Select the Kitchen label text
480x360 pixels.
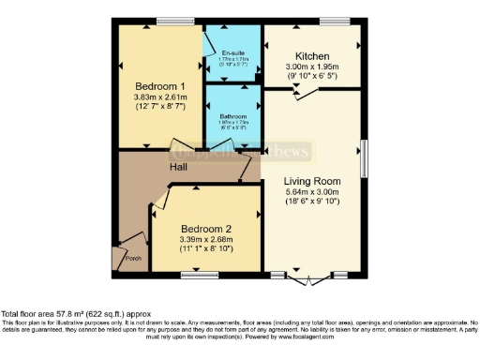pos(312,55)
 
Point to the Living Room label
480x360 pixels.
pos(312,180)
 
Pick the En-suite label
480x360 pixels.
pos(232,52)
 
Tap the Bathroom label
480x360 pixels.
pos(232,117)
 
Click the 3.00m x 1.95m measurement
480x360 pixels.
pos(312,67)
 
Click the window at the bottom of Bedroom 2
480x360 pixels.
pos(199,274)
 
